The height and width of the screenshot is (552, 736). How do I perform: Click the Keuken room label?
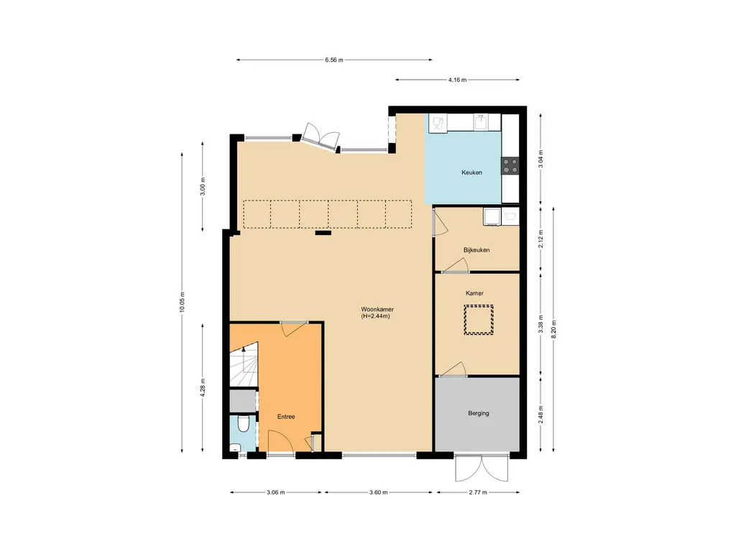tap(471, 172)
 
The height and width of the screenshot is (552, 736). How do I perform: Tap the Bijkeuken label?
tap(477, 250)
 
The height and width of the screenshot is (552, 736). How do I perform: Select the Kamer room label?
tap(474, 293)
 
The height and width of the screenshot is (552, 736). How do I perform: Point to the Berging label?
tap(478, 413)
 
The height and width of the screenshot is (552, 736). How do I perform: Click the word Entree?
tap(286, 417)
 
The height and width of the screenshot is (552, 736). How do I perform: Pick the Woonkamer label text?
tap(377, 309)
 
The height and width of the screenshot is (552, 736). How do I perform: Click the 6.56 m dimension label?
tap(333, 60)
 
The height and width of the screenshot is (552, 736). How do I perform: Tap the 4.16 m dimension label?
tap(457, 80)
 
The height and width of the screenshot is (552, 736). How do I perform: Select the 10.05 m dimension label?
tap(182, 302)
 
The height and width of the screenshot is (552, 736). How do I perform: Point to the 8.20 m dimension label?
tap(553, 329)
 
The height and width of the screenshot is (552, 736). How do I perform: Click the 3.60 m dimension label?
tap(378, 492)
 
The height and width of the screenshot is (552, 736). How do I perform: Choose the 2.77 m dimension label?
tap(478, 492)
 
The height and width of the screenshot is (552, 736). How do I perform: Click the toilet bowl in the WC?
tap(243, 424)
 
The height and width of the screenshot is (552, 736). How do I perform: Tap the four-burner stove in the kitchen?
tap(510, 165)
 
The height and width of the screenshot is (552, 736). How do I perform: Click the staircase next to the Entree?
tap(244, 364)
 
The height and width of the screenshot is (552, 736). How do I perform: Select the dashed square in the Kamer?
tap(478, 320)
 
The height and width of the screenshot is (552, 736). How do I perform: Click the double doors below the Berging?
tap(482, 468)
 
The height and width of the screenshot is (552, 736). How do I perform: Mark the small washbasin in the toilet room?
tap(235, 447)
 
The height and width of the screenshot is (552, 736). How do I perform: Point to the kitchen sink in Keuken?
tap(480, 122)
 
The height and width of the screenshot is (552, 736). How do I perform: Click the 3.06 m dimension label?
tap(275, 492)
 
